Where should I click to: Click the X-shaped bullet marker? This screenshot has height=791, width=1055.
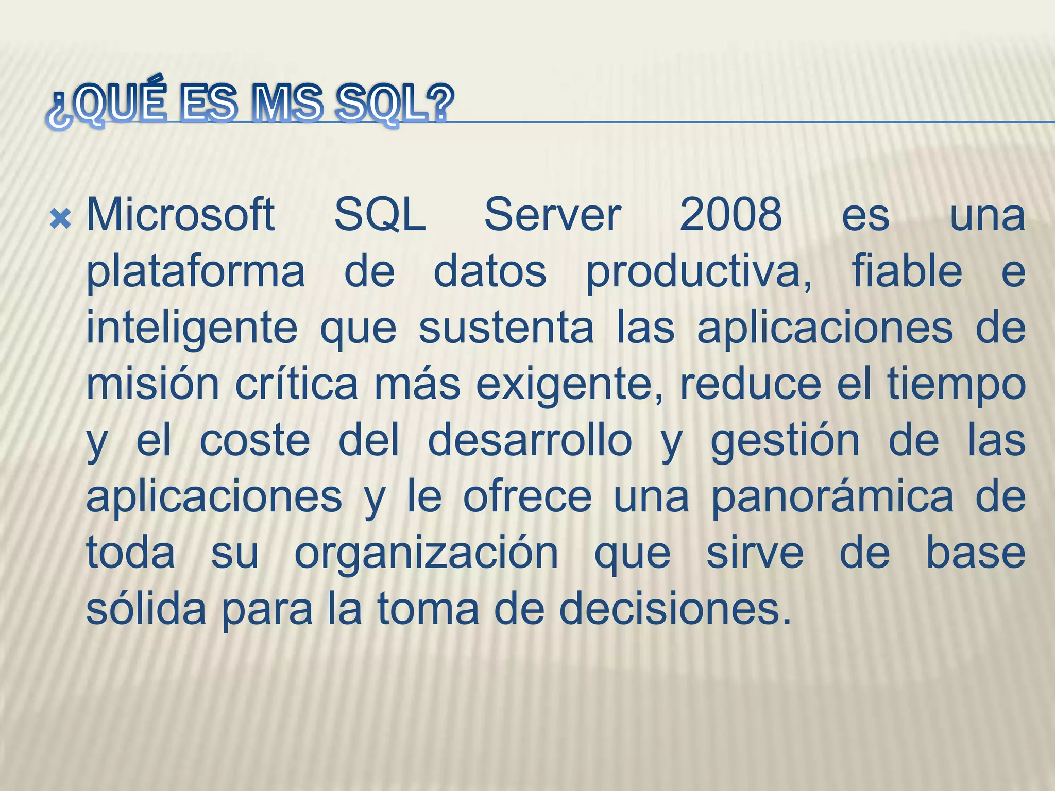tap(60, 220)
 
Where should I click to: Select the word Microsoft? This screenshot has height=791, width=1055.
tap(180, 215)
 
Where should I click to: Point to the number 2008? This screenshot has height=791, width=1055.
tap(730, 215)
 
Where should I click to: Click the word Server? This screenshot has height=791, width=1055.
tap(552, 215)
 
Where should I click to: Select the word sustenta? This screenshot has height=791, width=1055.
tap(506, 329)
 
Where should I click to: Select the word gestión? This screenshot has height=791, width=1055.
tap(785, 442)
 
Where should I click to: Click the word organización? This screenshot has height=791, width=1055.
tap(426, 554)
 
